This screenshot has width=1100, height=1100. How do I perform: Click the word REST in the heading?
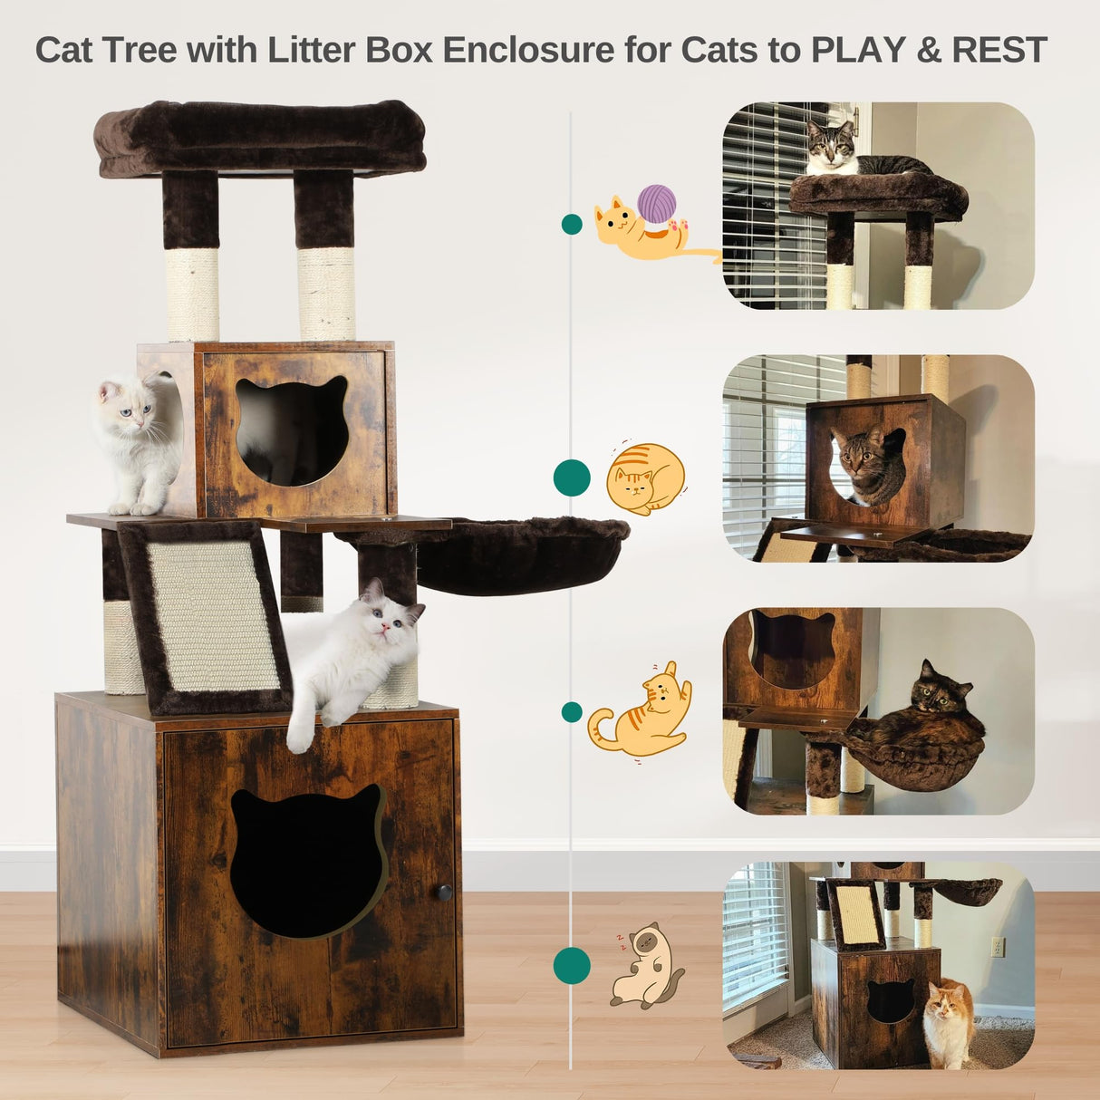pyautogui.click(x=999, y=50)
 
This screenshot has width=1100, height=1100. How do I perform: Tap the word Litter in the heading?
pyautogui.click(x=313, y=50)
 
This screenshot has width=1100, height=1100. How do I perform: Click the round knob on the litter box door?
pyautogui.click(x=445, y=892)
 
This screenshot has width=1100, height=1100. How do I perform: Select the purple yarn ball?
pyautogui.click(x=657, y=203)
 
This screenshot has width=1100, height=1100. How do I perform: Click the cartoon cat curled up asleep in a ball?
pyautogui.click(x=644, y=478)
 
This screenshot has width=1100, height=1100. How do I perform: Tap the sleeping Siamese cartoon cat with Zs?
pyautogui.click(x=644, y=968)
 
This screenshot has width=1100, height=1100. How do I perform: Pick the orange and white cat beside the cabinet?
pyautogui.click(x=948, y=1025)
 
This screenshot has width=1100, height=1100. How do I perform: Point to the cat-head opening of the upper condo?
pyautogui.click(x=292, y=431)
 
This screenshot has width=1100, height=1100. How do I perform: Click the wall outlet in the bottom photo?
pyautogui.click(x=998, y=947)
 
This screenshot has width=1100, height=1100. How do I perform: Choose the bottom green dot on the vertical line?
pyautogui.click(x=572, y=965)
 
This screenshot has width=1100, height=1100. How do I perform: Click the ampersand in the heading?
pyautogui.click(x=929, y=50)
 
